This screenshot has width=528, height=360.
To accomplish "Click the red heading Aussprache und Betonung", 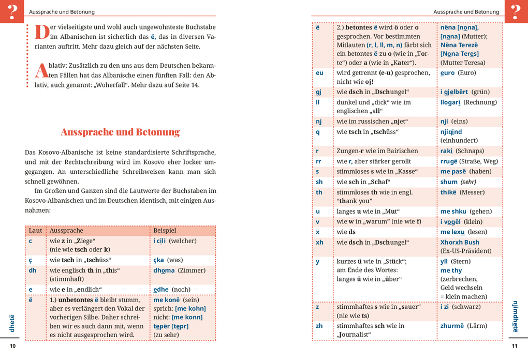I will pos(120,132).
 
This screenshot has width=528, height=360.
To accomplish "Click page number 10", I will pos(13,346).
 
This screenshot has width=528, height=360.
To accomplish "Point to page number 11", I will pos(515,346).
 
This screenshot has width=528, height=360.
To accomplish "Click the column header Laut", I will pos(35,231).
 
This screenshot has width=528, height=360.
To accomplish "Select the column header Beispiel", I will pos(165,231).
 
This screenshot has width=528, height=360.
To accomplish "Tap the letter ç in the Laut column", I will pos(31,260).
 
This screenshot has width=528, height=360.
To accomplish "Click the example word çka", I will pos(158,260).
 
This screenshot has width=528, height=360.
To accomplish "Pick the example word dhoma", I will pos(164,271).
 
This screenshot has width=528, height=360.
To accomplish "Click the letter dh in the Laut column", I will pos(33,271).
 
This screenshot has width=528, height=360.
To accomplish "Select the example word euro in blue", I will pos(447,73).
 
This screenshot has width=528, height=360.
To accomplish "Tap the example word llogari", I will pos(450,102).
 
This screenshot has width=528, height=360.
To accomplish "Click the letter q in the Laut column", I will pos(318,132).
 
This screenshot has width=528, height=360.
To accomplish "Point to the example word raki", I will pos(446,151).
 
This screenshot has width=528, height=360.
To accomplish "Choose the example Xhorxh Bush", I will pos(460,243).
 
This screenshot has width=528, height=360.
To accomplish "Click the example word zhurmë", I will pos(451,326).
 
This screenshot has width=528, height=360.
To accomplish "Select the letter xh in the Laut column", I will pos(319,243).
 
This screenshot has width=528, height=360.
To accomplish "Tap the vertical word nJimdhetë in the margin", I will pos(515,316).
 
